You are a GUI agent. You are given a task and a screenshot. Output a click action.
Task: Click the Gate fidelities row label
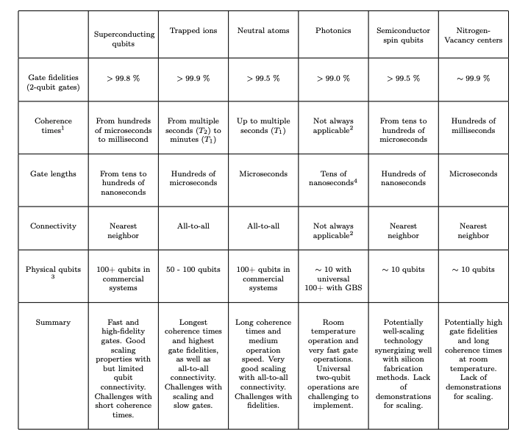coord(53,82)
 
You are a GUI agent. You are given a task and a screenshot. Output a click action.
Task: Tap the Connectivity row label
coord(53,226)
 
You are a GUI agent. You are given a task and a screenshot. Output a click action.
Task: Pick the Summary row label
coord(53,322)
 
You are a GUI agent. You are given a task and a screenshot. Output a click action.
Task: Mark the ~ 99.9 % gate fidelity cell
coord(474,78)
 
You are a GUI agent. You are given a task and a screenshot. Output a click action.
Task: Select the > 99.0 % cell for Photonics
coord(333,78)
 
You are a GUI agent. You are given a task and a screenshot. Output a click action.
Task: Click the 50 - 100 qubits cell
coord(193,269)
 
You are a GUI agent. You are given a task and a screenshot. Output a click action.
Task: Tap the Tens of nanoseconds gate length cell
coord(333,179)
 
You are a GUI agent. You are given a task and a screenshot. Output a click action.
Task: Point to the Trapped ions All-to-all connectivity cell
coord(193,226)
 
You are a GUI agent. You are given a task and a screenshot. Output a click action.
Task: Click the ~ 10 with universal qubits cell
coord(333,274)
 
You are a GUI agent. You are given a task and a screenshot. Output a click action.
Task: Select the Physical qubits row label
coord(53,273)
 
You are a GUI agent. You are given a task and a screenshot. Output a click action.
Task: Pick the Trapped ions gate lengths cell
coord(193,179)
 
